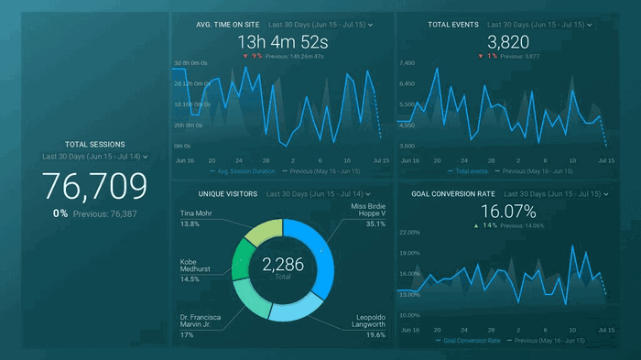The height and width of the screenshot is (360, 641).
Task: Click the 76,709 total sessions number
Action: pos(95,186)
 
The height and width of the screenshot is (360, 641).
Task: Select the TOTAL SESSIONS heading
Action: pos(95,144)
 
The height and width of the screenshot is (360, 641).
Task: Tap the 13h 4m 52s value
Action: pos(282,41)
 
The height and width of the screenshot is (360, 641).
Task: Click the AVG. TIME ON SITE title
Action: pos(228,25)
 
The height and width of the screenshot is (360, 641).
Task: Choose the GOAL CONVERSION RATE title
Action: pos(455,194)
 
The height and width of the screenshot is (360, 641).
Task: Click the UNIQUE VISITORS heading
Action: pos(229,194)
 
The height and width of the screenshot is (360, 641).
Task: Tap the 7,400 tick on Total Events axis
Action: pos(407,63)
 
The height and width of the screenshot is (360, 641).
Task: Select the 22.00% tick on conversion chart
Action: pos(409,233)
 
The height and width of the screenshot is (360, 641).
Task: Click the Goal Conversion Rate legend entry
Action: pos(472,341)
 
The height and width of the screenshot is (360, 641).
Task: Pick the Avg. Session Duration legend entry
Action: pos(242,170)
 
